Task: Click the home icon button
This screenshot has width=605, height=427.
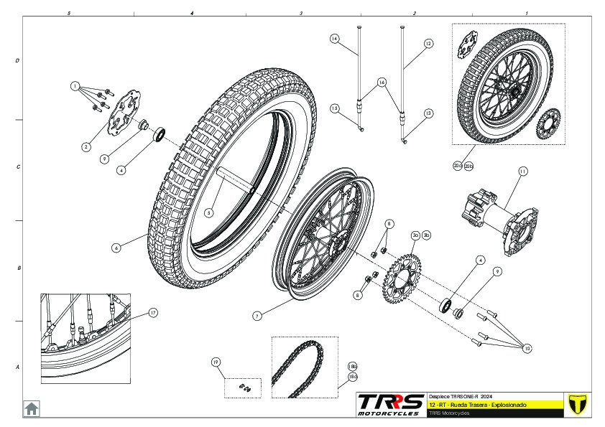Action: pyautogui.click(x=32, y=408)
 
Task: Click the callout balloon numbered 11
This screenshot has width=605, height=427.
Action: pyautogui.click(x=522, y=171)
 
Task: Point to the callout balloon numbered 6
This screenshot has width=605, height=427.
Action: pyautogui.click(x=116, y=247)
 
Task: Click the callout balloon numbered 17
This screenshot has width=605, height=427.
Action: pyautogui.click(x=153, y=313)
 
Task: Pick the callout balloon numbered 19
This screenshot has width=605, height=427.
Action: pyautogui.click(x=215, y=362)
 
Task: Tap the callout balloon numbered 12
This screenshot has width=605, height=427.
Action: pyautogui.click(x=429, y=44)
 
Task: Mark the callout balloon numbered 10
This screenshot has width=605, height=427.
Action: pyautogui.click(x=527, y=349)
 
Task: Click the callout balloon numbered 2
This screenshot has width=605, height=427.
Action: pyautogui.click(x=86, y=146)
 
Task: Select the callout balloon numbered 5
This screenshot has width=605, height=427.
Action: pyautogui.click(x=208, y=212)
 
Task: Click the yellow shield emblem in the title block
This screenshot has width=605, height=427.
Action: pyautogui.click(x=574, y=403)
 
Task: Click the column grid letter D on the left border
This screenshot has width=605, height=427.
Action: pyautogui.click(x=17, y=61)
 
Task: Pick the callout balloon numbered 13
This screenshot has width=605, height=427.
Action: pyautogui.click(x=429, y=113)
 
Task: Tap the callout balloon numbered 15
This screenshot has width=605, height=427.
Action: pyautogui.click(x=335, y=108)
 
